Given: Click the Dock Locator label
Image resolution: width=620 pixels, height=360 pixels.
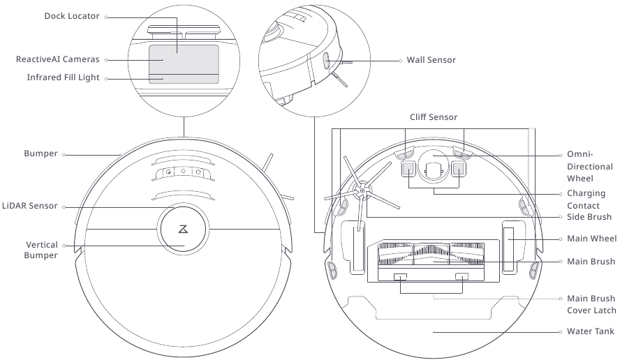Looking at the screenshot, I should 72,16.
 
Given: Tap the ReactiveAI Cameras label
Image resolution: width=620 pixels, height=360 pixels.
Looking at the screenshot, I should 58,60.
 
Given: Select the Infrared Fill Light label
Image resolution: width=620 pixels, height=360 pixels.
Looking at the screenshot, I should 64,78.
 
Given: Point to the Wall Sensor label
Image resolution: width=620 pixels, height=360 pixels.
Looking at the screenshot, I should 431,60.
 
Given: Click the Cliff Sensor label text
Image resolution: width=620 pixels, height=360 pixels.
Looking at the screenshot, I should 433,117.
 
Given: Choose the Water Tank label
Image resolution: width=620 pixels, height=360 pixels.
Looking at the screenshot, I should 591,331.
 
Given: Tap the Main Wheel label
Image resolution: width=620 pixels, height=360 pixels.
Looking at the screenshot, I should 591,239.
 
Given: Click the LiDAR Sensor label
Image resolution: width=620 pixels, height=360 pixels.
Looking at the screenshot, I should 29,207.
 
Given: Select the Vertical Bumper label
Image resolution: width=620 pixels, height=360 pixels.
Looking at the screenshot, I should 42,250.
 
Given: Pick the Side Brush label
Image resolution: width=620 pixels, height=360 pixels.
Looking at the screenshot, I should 589,217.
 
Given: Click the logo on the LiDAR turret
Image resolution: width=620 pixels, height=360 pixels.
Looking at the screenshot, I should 183,229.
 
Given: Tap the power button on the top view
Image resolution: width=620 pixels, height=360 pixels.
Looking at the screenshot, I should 183,172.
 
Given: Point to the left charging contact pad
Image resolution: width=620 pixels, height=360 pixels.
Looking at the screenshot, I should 408,168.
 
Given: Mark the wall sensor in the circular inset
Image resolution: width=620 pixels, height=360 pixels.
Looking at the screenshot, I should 326,61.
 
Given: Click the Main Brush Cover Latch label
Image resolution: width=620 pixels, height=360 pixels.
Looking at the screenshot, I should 591,304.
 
